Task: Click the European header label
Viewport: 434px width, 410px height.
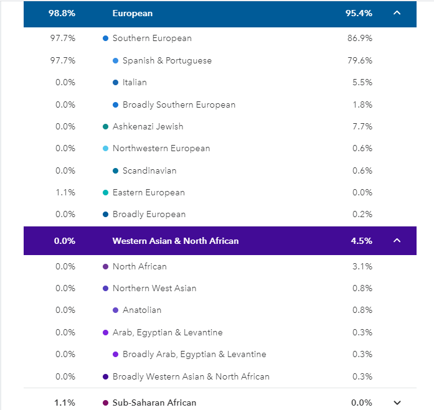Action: pyautogui.click(x=132, y=13)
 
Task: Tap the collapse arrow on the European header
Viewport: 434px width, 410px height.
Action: pyautogui.click(x=397, y=13)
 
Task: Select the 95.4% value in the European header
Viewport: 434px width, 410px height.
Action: pyautogui.click(x=359, y=13)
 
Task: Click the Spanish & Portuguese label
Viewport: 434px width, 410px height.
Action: pyautogui.click(x=167, y=60)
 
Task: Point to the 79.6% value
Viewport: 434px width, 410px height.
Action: pyautogui.click(x=359, y=60)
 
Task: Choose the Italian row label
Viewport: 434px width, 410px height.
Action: pyautogui.click(x=134, y=82)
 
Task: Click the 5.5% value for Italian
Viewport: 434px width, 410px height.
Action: pyautogui.click(x=362, y=82)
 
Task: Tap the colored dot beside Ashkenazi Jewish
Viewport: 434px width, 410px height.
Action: pyautogui.click(x=106, y=126)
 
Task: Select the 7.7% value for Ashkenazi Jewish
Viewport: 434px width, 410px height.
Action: pyautogui.click(x=362, y=126)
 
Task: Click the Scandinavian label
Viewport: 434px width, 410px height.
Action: pyautogui.click(x=149, y=170)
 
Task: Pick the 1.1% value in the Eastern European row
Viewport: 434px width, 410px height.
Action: pyautogui.click(x=65, y=192)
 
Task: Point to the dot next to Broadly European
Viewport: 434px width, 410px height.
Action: pyautogui.click(x=106, y=215)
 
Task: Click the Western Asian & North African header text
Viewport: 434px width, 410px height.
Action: pyautogui.click(x=175, y=241)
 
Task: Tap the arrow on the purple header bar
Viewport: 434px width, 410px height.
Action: pyautogui.click(x=397, y=241)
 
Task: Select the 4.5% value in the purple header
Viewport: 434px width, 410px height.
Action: pyautogui.click(x=362, y=241)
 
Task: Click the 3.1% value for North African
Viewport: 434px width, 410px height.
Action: pyautogui.click(x=362, y=266)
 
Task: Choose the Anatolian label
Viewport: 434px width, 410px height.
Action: pyautogui.click(x=142, y=310)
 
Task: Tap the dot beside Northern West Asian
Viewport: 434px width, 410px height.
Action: pyautogui.click(x=106, y=288)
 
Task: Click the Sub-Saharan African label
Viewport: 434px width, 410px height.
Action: pyautogui.click(x=154, y=403)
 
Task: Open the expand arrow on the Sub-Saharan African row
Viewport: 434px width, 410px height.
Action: pyautogui.click(x=397, y=403)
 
